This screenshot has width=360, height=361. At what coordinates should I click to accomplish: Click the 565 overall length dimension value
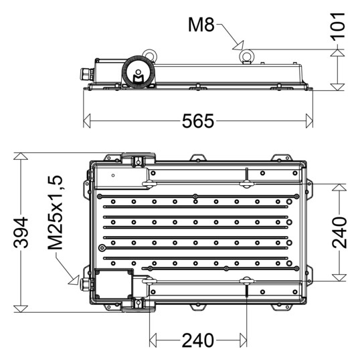coord(198,121)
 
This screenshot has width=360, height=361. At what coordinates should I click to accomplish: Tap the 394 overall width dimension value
coord(21,232)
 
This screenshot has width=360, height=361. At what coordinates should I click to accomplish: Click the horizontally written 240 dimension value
coord(198,340)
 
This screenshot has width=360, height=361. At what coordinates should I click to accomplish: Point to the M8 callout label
coord(201,25)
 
